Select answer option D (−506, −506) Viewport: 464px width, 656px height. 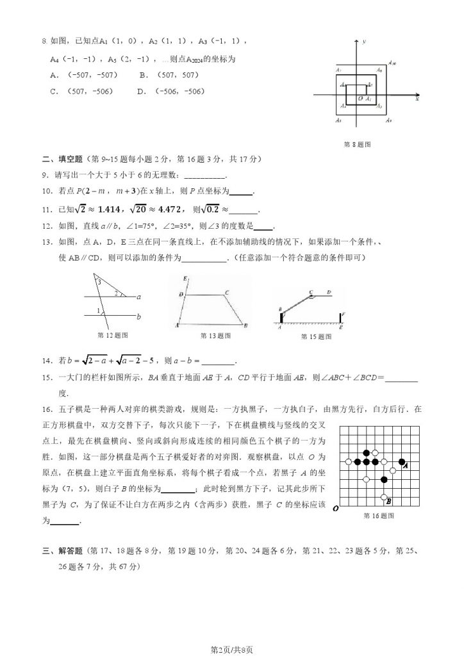(170, 92)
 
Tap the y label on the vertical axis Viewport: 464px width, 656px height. (363, 42)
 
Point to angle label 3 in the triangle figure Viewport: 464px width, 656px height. (98, 281)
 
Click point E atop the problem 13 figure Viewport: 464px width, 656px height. (185, 279)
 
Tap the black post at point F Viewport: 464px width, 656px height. (340, 318)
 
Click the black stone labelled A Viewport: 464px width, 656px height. (401, 461)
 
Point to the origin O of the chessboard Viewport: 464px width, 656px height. (336, 509)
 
